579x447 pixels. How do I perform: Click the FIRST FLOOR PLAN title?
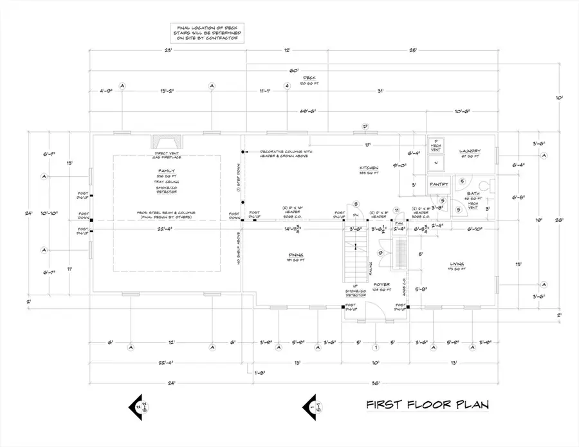(x=427, y=405)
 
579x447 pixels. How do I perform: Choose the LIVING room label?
(x=457, y=263)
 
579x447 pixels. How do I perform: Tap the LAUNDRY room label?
(x=470, y=152)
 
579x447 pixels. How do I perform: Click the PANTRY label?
(x=439, y=185)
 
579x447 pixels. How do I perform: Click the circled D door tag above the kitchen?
(x=364, y=126)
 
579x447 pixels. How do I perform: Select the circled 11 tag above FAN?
(x=397, y=211)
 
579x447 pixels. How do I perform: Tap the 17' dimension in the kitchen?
(x=367, y=145)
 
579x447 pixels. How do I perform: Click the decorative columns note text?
(x=284, y=154)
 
